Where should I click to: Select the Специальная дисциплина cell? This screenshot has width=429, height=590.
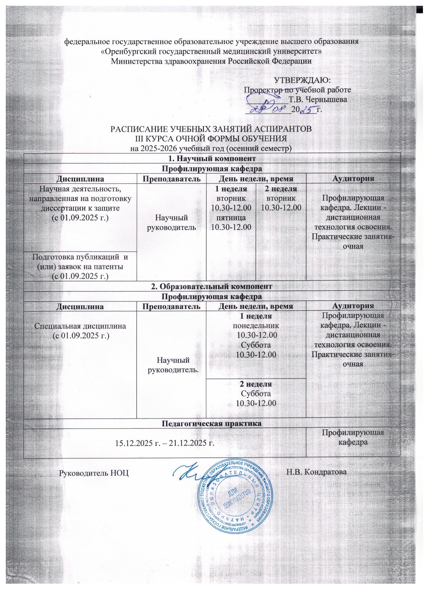click(x=80, y=331)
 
